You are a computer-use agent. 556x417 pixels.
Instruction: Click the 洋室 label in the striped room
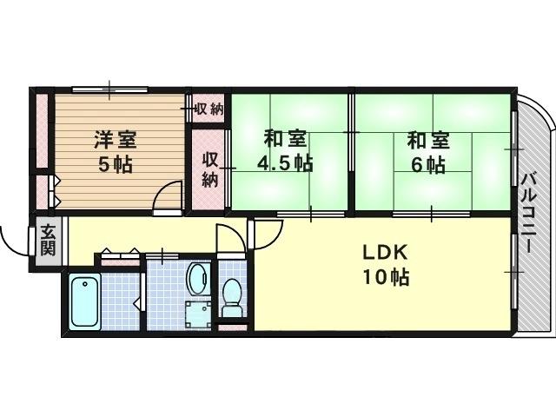(x=115, y=139)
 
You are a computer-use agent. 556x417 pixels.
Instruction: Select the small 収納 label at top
(x=208, y=109)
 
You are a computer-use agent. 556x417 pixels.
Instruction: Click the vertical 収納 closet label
(x=209, y=169)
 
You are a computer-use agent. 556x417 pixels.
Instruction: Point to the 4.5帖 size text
(x=284, y=162)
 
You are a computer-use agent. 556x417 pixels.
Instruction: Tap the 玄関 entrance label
(x=47, y=239)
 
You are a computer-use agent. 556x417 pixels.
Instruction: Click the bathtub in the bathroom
(x=84, y=300)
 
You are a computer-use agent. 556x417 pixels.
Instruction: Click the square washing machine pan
(x=197, y=312)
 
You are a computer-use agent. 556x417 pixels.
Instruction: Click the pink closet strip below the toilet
(x=233, y=328)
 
